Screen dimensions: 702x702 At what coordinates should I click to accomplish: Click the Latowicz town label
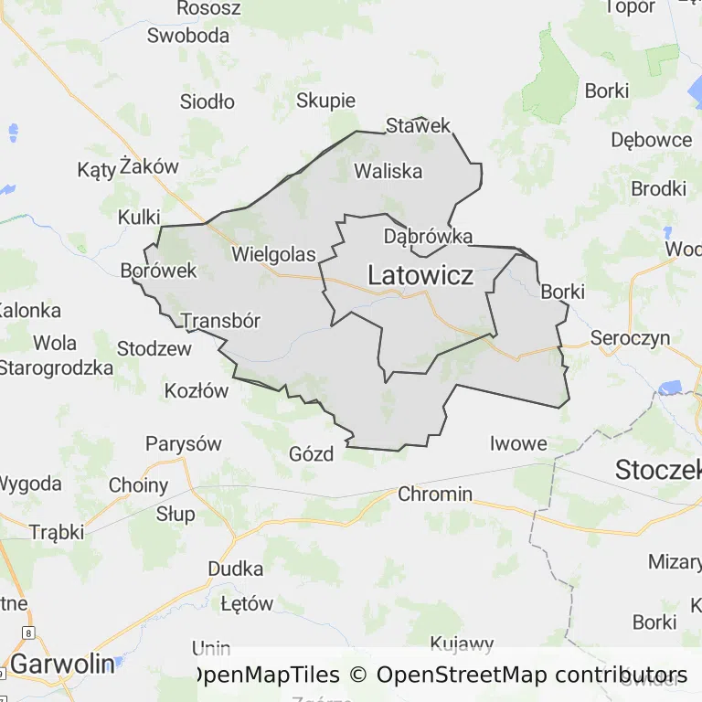[x=420, y=274]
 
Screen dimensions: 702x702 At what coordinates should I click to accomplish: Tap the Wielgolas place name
[x=273, y=254]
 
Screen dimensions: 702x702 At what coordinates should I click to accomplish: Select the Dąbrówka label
[x=428, y=237]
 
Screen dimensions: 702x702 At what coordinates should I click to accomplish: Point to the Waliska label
[x=388, y=171]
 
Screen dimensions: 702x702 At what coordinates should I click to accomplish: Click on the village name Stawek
[x=419, y=125]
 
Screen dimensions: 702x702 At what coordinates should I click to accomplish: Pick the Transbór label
[x=220, y=321]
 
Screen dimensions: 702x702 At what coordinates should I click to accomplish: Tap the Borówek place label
[x=159, y=271]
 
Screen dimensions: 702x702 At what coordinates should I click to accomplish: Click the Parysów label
[x=184, y=444]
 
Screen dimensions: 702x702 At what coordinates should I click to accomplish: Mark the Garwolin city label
[x=62, y=664]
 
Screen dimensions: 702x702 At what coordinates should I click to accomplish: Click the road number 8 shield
[x=29, y=633]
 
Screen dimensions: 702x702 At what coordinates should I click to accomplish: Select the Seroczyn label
[x=630, y=338]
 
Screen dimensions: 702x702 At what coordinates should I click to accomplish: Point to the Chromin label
[x=435, y=495]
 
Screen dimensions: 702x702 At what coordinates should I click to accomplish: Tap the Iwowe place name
[x=518, y=444]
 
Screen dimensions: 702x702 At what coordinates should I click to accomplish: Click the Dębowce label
[x=652, y=140]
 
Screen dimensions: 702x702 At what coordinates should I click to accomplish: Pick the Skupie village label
[x=325, y=101]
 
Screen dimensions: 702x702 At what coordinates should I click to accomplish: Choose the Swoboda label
[x=188, y=36]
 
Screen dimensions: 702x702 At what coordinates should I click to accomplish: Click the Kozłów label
[x=197, y=391]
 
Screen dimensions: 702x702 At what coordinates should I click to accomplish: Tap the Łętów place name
[x=247, y=604]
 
